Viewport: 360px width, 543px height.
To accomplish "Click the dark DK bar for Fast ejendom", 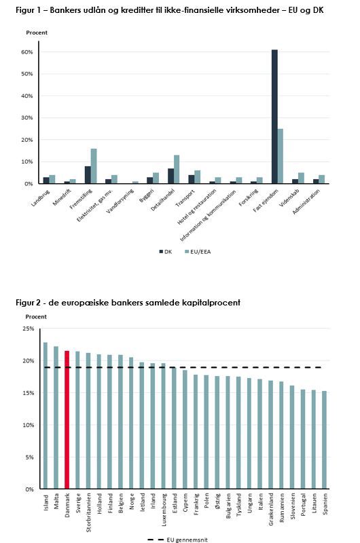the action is pyautogui.click(x=274, y=117).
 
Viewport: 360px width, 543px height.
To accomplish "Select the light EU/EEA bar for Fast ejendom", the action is pyautogui.click(x=281, y=156).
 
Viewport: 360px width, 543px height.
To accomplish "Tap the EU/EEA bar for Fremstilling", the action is pyautogui.click(x=94, y=166).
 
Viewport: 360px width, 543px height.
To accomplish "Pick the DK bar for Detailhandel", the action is pyautogui.click(x=170, y=176).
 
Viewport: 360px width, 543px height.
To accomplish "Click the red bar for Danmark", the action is pyautogui.click(x=67, y=419).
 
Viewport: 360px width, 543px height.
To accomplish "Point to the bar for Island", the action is pyautogui.click(x=46, y=415).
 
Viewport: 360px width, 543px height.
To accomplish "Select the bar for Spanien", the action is pyautogui.click(x=324, y=440).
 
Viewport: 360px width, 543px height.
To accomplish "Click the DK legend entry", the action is pyautogui.click(x=166, y=252).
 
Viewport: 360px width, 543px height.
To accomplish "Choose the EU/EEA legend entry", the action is pyautogui.click(x=198, y=252).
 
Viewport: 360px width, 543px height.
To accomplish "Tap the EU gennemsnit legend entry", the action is pyautogui.click(x=177, y=540).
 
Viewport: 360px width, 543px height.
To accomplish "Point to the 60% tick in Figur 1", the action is pyautogui.click(x=27, y=52).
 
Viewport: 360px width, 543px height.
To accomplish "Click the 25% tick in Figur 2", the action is pyautogui.click(x=29, y=329).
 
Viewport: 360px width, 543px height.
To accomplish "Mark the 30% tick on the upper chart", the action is pyautogui.click(x=27, y=117).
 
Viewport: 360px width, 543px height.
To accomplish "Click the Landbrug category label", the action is pyautogui.click(x=41, y=198).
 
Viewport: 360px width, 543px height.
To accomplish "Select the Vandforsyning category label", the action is pyautogui.click(x=120, y=201).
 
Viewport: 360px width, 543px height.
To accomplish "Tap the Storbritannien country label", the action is pyautogui.click(x=89, y=512).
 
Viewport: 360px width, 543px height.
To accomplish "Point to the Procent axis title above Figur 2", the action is pyautogui.click(x=36, y=316).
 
